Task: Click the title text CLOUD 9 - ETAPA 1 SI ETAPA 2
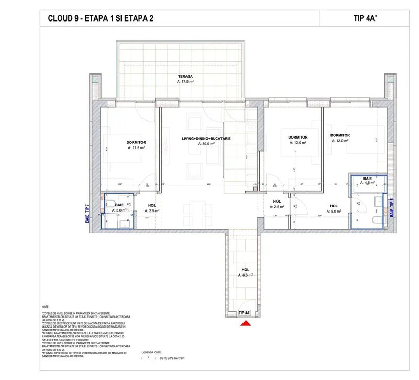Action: tap(101, 18)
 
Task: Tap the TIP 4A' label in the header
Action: tap(365, 18)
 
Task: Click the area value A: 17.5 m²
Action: tap(185, 82)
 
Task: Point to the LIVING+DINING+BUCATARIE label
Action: tap(206, 138)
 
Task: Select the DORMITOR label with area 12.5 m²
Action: tap(136, 142)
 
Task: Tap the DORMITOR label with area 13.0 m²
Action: tap(297, 138)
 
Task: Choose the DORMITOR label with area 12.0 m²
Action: tap(340, 135)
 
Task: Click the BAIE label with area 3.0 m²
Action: tap(119, 204)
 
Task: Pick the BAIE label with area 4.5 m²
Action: tap(368, 179)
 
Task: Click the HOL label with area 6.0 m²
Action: tap(245, 269)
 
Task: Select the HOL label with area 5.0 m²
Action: tap(333, 206)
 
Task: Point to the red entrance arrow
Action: tap(245, 324)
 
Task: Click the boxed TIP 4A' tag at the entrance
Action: tap(245, 313)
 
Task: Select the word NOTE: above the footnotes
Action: tap(45, 307)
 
